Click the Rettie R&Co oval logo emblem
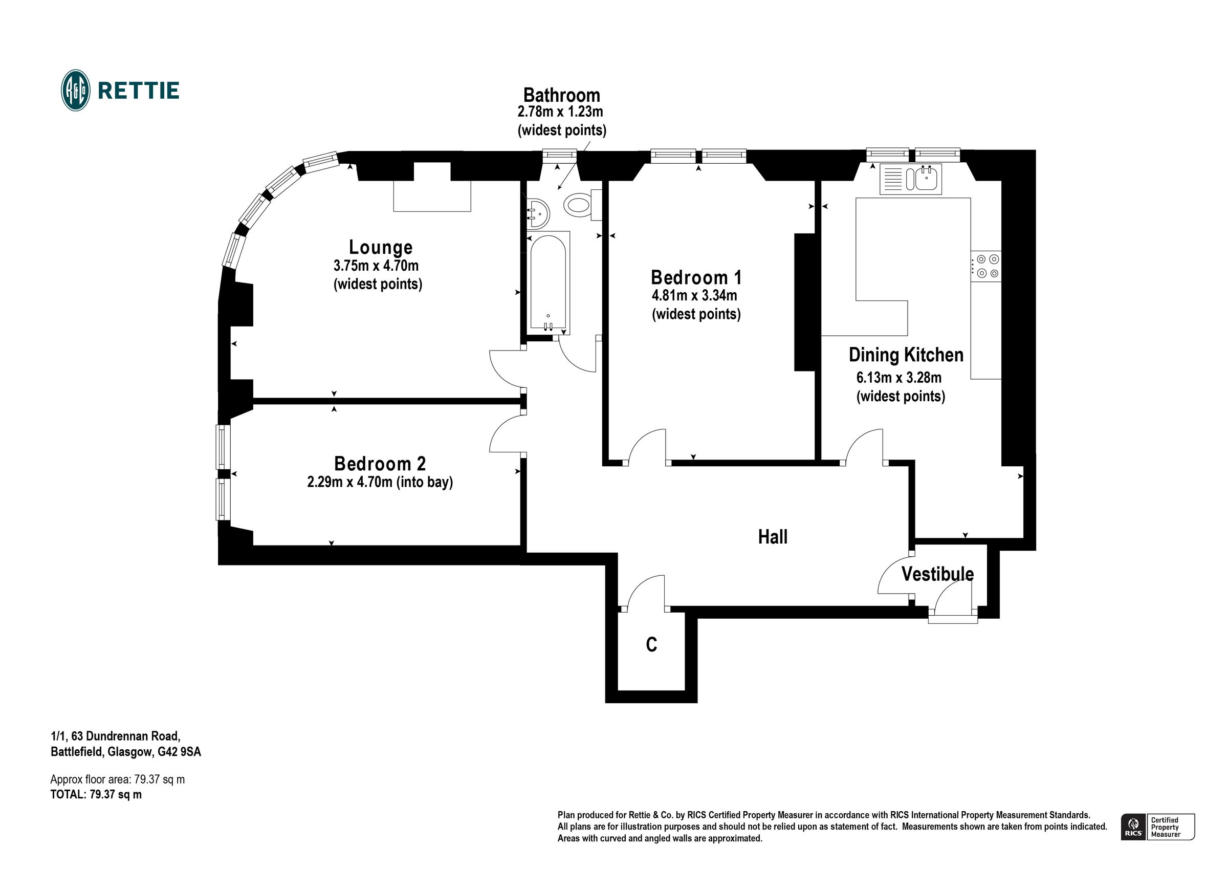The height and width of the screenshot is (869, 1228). [x=75, y=91]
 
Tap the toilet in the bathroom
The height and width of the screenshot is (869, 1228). [x=582, y=205]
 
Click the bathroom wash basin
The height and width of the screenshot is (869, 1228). [x=538, y=214]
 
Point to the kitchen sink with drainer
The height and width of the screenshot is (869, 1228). [x=910, y=179]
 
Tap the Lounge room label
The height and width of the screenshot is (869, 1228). [x=381, y=247]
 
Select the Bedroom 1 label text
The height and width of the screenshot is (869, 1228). [x=696, y=277]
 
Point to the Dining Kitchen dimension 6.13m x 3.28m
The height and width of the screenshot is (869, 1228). [x=899, y=378]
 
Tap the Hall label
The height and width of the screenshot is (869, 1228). [x=773, y=537]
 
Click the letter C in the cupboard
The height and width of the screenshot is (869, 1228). [x=651, y=645]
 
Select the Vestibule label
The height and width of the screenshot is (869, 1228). [x=937, y=574]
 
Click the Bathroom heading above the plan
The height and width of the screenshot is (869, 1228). [x=562, y=95]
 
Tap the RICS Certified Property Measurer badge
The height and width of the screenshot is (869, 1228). [x=1157, y=827]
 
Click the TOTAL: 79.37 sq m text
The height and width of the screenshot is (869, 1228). [x=96, y=795]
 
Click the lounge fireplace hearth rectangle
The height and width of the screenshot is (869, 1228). [x=432, y=196]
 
